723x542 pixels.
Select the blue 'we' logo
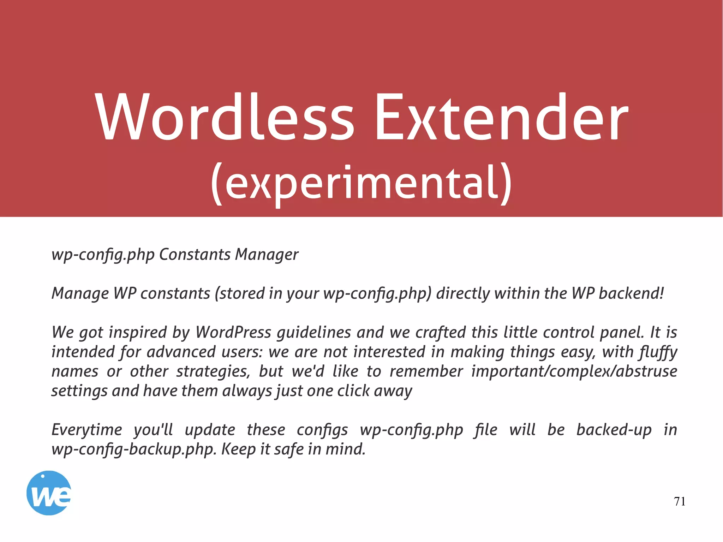click(x=49, y=493)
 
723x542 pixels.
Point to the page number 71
click(x=680, y=501)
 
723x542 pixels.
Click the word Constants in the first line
click(x=195, y=255)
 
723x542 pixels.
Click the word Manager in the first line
click(x=267, y=255)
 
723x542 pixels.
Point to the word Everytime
click(x=87, y=430)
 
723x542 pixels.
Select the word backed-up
click(x=614, y=430)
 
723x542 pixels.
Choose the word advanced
click(x=181, y=352)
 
